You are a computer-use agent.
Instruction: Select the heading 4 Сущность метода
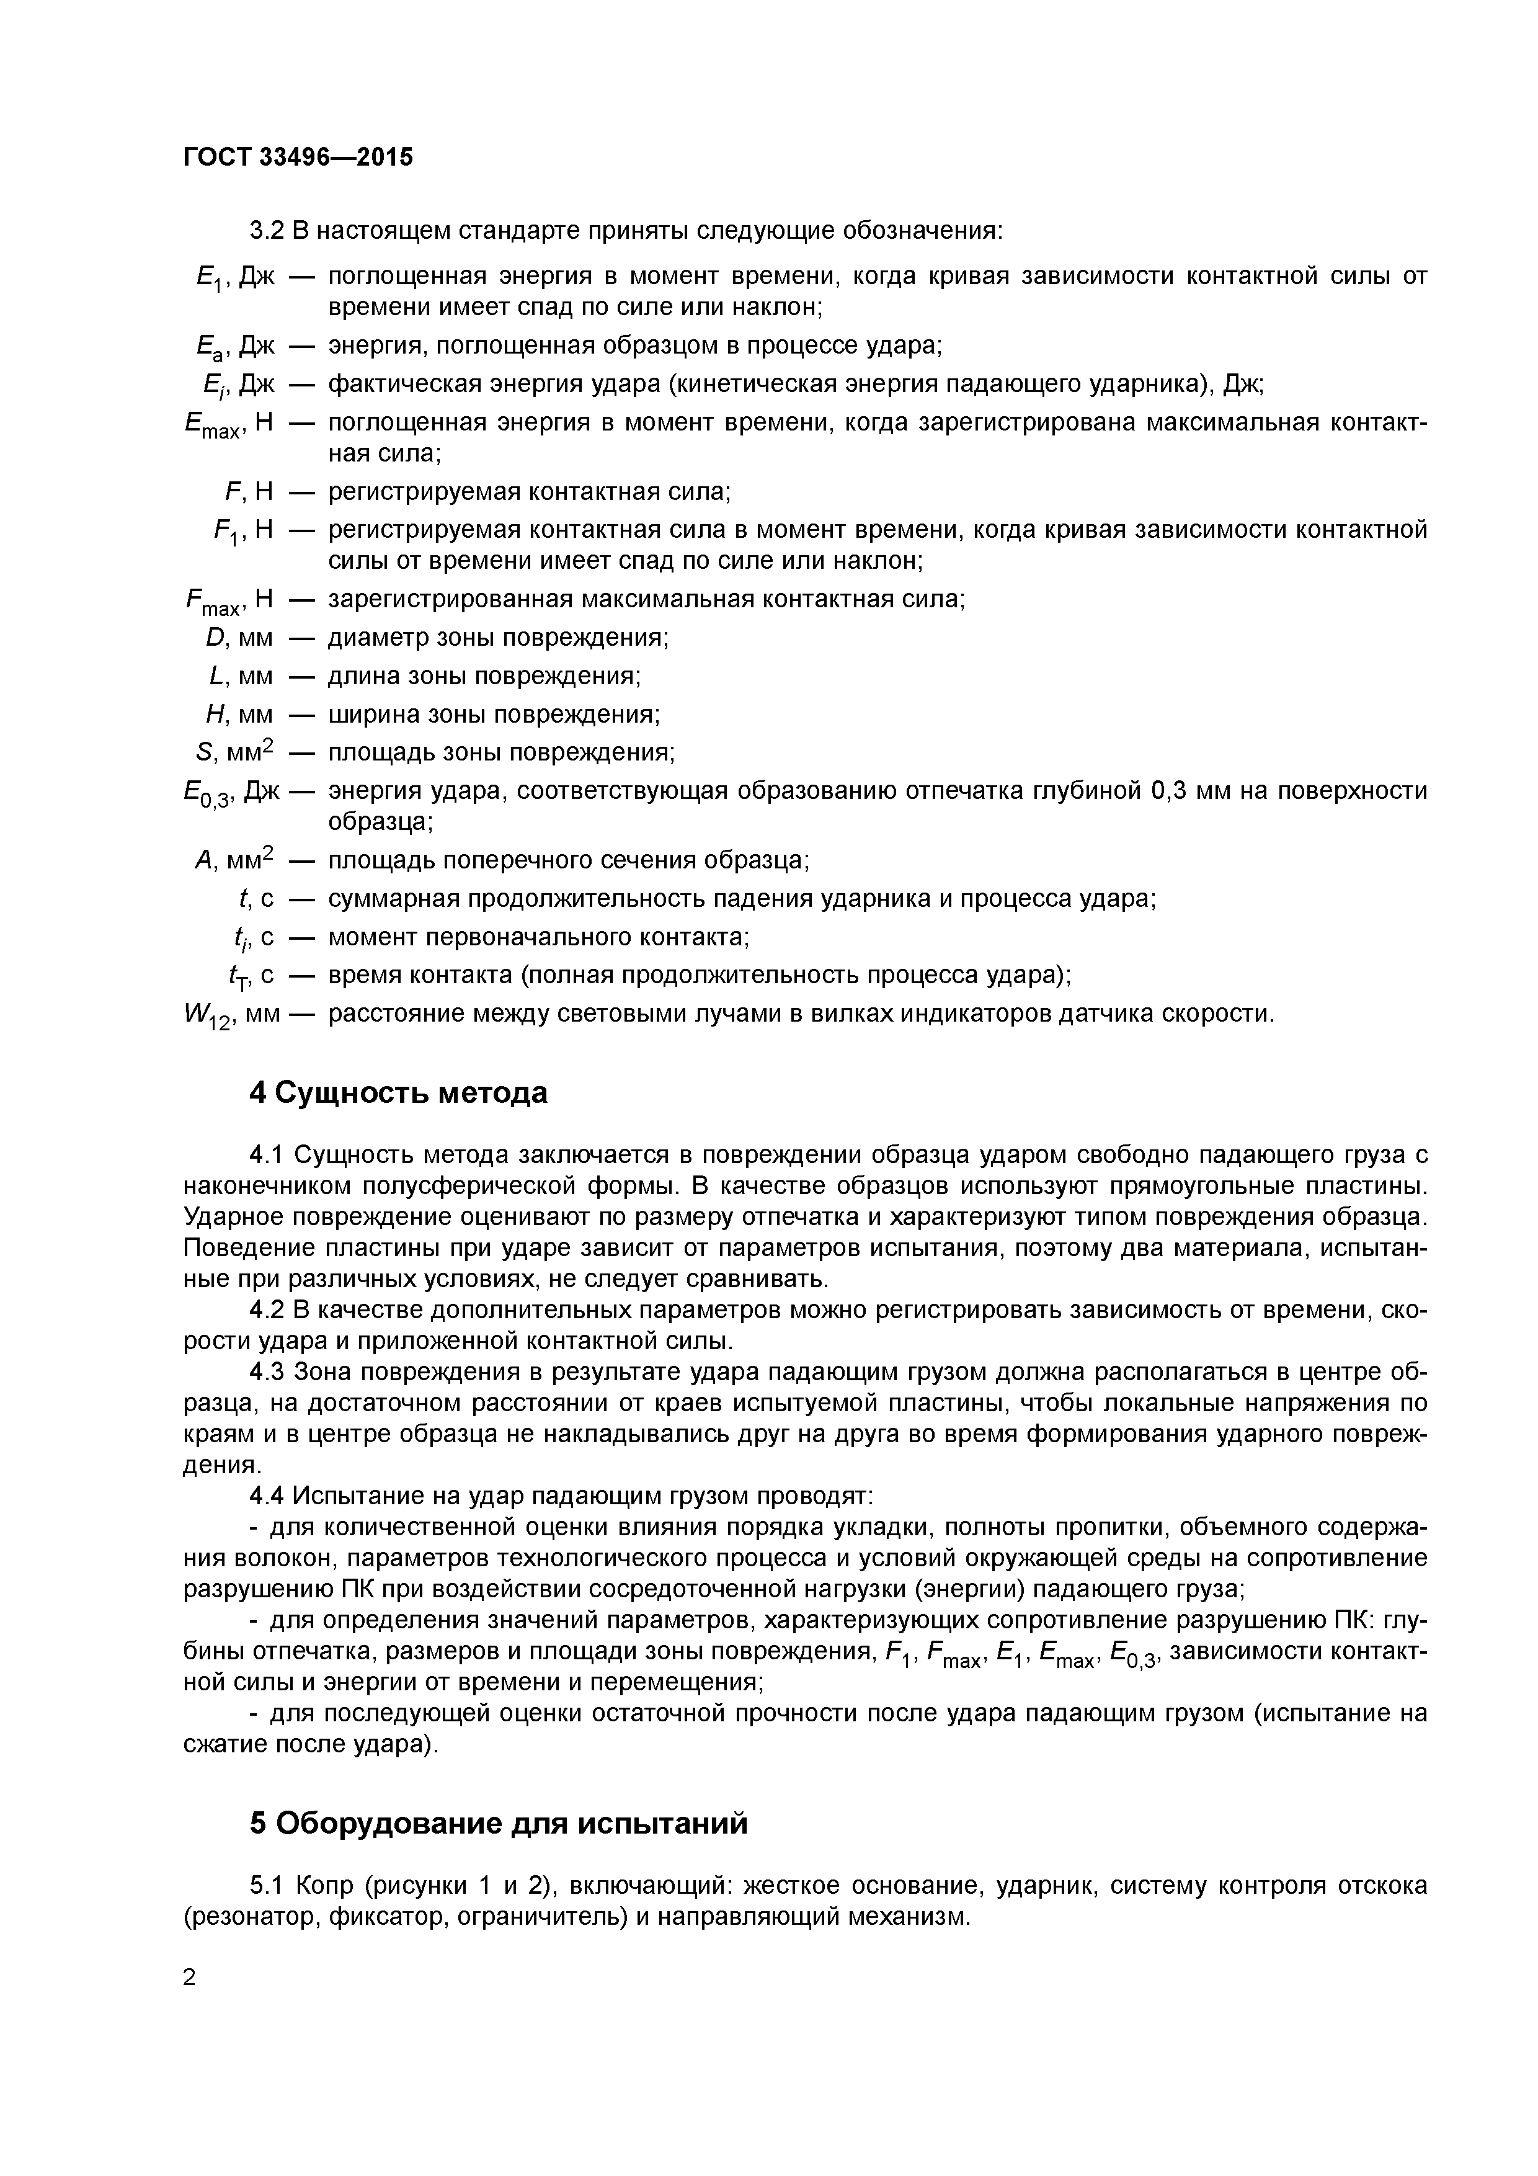(398, 1093)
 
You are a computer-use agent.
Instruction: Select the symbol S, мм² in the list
(234, 752)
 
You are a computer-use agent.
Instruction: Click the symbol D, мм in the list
(239, 638)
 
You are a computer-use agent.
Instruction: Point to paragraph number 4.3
(268, 1371)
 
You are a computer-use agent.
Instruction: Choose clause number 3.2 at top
(268, 230)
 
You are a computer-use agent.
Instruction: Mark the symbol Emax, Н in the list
(228, 424)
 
